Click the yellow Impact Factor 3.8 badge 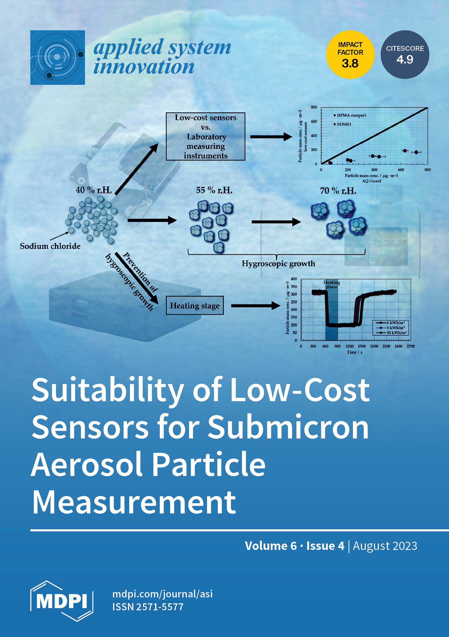point(350,55)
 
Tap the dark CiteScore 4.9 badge point(405,55)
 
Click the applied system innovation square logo point(58,58)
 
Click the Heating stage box point(194,305)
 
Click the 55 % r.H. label point(214,190)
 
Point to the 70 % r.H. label point(338,191)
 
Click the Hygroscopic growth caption point(278,263)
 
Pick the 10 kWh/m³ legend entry point(396,333)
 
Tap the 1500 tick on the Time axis point(362,346)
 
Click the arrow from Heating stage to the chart point(255,306)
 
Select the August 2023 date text point(385,546)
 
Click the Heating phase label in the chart point(331,284)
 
